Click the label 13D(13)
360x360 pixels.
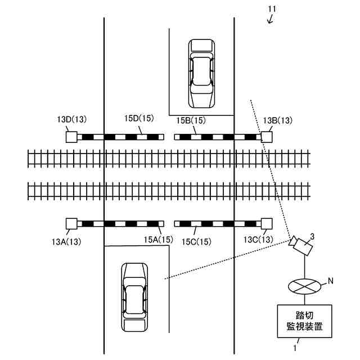72,120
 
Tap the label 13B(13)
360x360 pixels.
278,120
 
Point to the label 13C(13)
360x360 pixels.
258,240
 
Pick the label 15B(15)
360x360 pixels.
191,120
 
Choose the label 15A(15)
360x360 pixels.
158,240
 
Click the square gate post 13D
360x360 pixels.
71,137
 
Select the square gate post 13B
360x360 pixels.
267,137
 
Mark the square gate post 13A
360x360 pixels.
71,223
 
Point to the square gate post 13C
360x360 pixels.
267,223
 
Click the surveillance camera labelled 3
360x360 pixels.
300,245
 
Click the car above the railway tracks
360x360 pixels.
201,73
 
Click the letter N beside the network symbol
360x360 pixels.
331,280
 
